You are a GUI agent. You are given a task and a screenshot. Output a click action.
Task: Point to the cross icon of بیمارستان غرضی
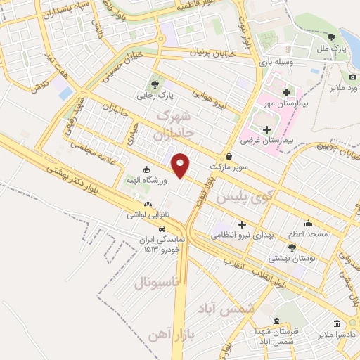(266, 129)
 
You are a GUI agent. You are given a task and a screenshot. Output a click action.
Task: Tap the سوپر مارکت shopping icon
(229, 156)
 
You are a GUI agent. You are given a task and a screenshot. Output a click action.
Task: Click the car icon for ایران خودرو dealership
(162, 229)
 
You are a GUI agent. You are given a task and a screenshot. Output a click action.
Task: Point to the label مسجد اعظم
(308, 233)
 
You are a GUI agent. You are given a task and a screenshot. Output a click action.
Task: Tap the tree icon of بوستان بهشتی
(292, 247)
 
